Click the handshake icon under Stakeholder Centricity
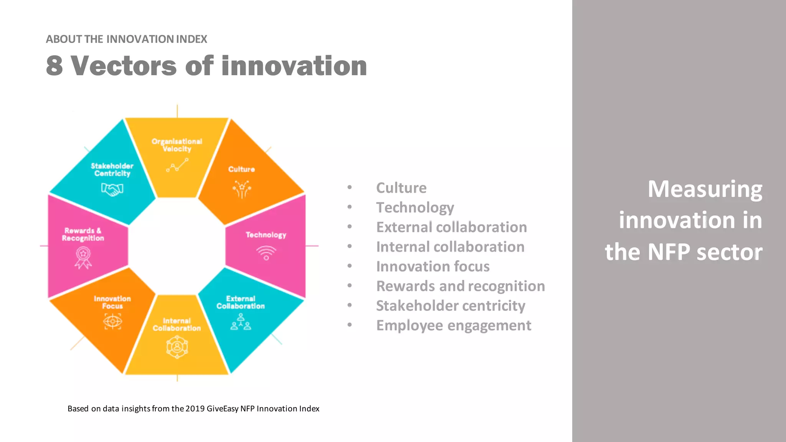pos(112,189)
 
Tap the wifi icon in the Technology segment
pos(266,253)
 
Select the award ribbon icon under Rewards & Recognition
pos(83,257)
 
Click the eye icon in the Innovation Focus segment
pos(112,321)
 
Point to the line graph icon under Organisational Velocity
pos(177,165)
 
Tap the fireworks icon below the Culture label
pos(242,189)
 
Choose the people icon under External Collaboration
pos(241,322)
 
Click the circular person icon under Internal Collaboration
pos(177,347)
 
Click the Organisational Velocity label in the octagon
pos(177,145)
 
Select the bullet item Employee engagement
pos(453,325)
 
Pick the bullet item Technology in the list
pos(415,208)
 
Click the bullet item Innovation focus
pos(433,266)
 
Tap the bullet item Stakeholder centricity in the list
pos(450,306)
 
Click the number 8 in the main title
pos(54,66)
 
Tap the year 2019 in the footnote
pos(195,409)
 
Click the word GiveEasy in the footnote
pos(223,409)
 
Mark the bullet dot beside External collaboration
pos(350,227)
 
